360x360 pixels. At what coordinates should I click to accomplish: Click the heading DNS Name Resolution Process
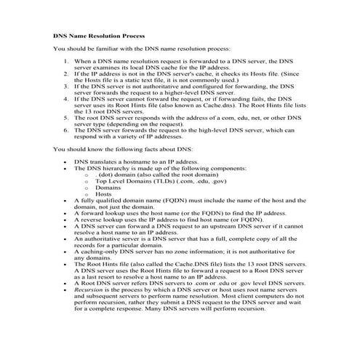(x=99, y=35)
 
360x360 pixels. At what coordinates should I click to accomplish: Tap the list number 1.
(x=68, y=62)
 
